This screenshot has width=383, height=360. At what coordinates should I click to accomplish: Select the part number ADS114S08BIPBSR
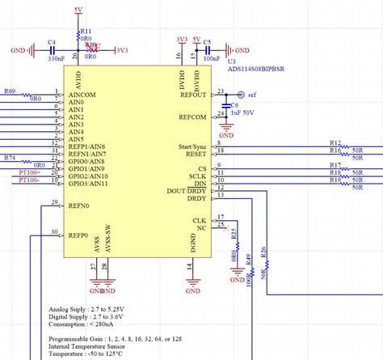coord(256,69)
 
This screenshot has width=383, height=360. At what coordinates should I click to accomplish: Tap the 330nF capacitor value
coord(56,58)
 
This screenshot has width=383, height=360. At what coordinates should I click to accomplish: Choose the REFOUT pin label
coord(193,95)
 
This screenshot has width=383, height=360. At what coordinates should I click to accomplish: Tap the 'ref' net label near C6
coord(251,95)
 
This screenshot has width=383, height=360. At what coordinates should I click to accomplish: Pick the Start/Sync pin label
coord(191,146)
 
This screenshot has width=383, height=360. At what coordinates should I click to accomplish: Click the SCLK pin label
coord(197,176)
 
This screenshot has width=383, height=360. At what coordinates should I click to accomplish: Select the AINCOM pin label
coord(82,95)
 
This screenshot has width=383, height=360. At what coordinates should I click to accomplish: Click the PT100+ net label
coord(30,172)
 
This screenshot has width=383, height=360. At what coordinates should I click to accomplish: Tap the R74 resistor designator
coord(10,157)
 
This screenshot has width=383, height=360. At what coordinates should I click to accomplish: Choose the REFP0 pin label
coord(78,235)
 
